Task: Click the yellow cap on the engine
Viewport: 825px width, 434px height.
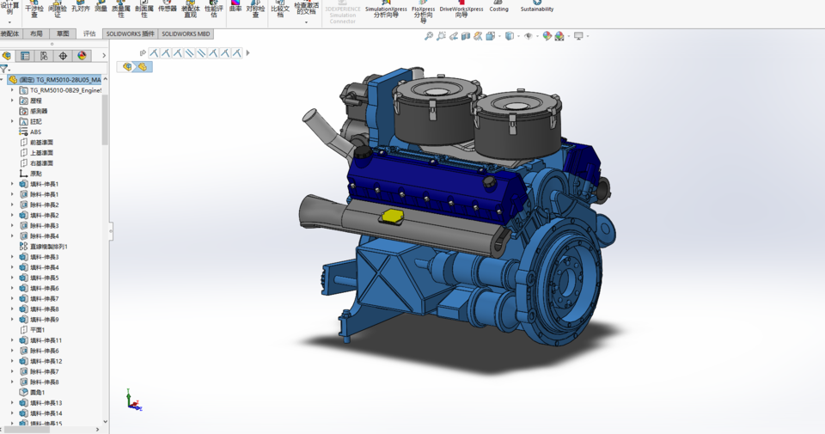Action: (392, 214)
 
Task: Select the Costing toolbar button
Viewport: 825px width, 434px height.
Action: (498, 9)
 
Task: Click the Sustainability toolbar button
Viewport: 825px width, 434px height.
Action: (536, 9)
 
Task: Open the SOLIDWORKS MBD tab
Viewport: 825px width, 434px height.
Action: (185, 34)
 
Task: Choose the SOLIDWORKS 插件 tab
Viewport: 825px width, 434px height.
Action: (130, 34)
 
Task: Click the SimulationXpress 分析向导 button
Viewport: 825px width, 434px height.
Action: (386, 11)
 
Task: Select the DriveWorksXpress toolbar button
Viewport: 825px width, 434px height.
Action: (461, 11)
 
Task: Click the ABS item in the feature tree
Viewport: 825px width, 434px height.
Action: (35, 132)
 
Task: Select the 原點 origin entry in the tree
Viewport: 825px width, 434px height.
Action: (35, 174)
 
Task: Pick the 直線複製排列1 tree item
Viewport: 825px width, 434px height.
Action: (48, 247)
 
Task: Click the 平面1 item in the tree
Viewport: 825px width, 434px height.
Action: (37, 330)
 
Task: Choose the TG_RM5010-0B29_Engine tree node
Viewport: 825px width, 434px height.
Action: (64, 90)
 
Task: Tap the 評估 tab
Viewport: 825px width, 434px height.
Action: (89, 34)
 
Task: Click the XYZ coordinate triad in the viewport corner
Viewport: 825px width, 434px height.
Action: (132, 400)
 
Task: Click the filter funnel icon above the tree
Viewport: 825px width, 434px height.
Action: (4, 69)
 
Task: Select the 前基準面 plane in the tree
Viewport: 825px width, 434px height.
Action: (41, 143)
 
